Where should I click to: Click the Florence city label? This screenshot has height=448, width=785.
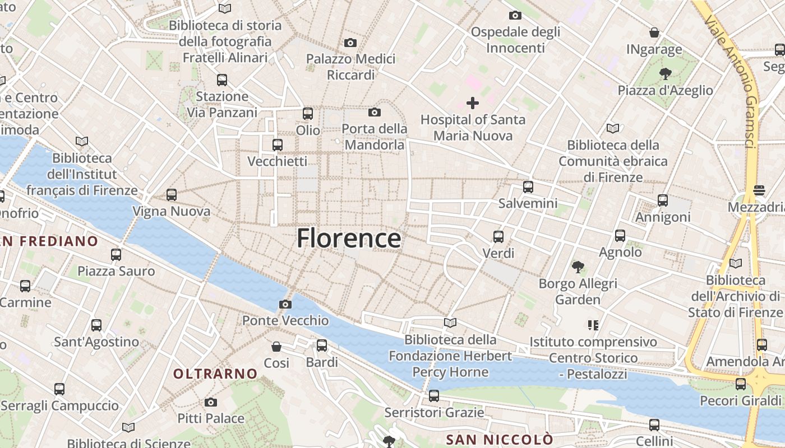tap(349, 239)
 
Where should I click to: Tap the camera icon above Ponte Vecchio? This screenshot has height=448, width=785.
tap(285, 305)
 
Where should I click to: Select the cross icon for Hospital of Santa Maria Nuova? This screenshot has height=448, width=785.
tap(473, 103)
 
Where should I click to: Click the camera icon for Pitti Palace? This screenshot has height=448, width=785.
tap(211, 402)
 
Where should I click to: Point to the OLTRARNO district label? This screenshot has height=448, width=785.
tap(215, 374)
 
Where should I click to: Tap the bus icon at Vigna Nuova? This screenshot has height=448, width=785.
tap(172, 195)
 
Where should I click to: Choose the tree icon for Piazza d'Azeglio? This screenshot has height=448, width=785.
tap(666, 73)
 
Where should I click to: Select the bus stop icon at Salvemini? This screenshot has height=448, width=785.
tap(528, 187)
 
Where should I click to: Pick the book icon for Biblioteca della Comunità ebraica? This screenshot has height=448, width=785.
tap(613, 129)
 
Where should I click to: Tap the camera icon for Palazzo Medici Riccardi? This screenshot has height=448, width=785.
tap(350, 43)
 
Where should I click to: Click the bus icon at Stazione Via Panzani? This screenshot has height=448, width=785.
tap(222, 80)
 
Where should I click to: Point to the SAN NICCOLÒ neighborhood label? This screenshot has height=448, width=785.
tap(499, 440)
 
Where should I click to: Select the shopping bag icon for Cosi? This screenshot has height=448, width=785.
tap(276, 347)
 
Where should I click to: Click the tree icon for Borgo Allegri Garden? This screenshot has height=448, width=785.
tap(578, 267)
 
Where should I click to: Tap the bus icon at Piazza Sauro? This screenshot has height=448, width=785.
tap(116, 255)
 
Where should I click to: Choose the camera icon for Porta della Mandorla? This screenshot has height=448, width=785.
tap(375, 113)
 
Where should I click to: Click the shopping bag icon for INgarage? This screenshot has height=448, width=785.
tap(654, 32)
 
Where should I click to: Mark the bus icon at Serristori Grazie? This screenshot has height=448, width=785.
tap(433, 396)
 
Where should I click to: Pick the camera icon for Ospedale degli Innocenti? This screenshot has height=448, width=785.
tap(515, 16)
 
